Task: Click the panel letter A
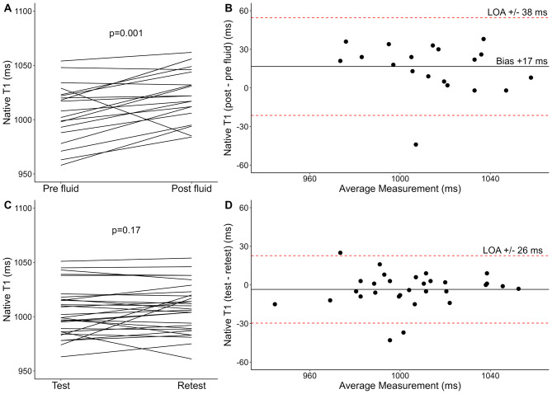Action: point(7,8)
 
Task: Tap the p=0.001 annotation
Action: point(126,34)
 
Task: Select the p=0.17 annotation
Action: point(126,231)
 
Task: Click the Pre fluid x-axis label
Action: point(61,189)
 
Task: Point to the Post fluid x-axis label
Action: point(191,189)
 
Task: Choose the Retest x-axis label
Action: point(191,386)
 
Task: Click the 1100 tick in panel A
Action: point(25,12)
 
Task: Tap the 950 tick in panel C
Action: point(25,371)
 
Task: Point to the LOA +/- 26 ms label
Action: point(512,250)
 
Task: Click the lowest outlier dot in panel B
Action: point(416,144)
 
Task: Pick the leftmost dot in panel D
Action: point(275,304)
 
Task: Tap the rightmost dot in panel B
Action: point(531,77)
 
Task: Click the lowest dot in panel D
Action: point(389,340)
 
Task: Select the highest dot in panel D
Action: point(340,252)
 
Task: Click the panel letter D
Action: point(229,205)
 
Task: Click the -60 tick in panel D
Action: point(242,363)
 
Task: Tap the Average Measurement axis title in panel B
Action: point(399,189)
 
